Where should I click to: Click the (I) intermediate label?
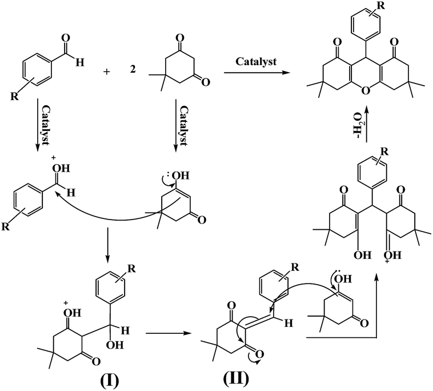click(109, 381)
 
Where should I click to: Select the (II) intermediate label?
click(235, 380)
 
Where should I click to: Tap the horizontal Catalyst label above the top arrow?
click(256, 62)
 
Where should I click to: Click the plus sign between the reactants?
click(107, 72)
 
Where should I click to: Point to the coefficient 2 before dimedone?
click(133, 69)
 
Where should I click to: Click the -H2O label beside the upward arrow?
click(358, 125)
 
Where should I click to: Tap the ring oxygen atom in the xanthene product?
click(366, 90)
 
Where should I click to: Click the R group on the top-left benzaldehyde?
click(14, 96)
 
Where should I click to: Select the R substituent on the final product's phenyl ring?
click(381, 6)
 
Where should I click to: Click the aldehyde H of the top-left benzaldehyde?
click(80, 63)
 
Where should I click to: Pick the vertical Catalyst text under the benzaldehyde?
click(46, 125)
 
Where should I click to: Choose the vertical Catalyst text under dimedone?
click(183, 125)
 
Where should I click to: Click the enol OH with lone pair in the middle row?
click(180, 175)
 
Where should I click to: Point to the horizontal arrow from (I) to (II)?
click(169, 333)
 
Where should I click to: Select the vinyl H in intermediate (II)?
click(288, 323)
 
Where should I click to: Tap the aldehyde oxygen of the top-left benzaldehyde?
click(66, 38)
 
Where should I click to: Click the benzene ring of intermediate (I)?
click(110, 290)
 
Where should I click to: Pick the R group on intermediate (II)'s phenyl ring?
click(295, 267)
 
